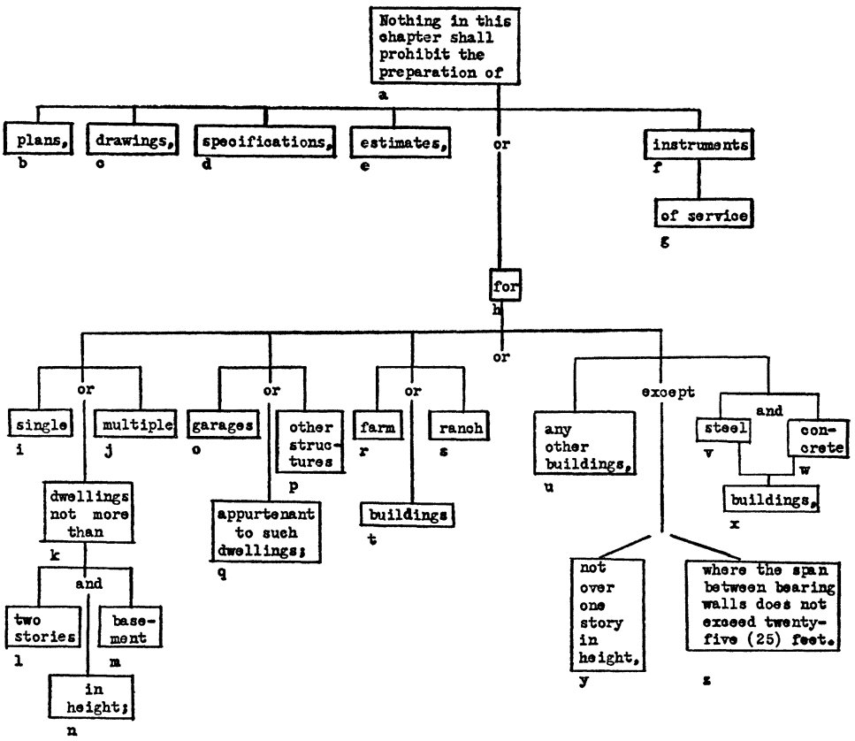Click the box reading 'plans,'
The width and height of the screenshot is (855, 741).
[x=38, y=140]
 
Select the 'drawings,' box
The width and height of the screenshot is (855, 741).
[x=133, y=141]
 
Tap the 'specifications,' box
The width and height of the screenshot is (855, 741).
[x=264, y=142]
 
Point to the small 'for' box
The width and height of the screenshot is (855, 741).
[x=503, y=286]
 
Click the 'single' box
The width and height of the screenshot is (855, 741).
[x=41, y=424]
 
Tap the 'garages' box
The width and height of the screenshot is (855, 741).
[x=222, y=424]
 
